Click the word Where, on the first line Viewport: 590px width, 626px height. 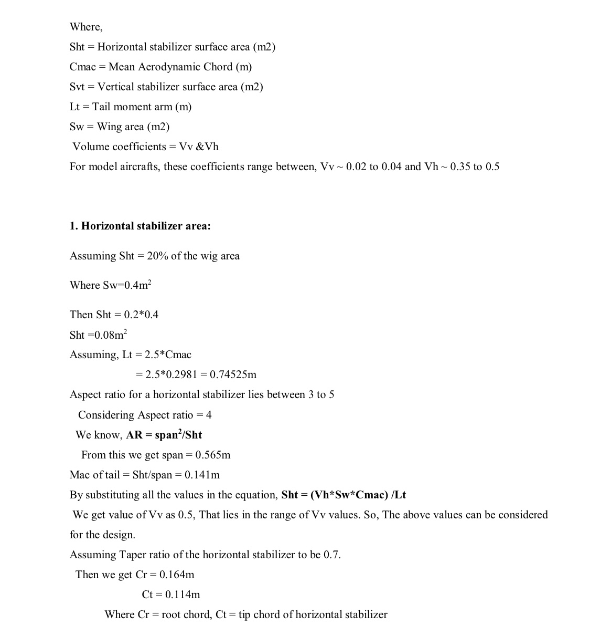point(86,27)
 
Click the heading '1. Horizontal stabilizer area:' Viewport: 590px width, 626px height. point(140,226)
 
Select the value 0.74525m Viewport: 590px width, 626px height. point(233,375)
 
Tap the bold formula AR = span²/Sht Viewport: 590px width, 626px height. point(164,435)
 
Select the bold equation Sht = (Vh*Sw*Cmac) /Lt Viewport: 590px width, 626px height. point(344,495)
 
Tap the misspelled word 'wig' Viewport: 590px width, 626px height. point(208,256)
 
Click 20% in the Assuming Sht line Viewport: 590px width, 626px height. point(157,256)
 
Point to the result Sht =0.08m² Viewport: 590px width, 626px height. point(98,335)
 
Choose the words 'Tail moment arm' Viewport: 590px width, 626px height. point(132,107)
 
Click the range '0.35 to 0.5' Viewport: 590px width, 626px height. point(475,167)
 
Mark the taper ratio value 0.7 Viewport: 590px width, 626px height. point(331,555)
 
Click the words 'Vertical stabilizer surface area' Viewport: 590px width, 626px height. point(167,87)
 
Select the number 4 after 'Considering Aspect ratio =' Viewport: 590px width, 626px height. point(209,415)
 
